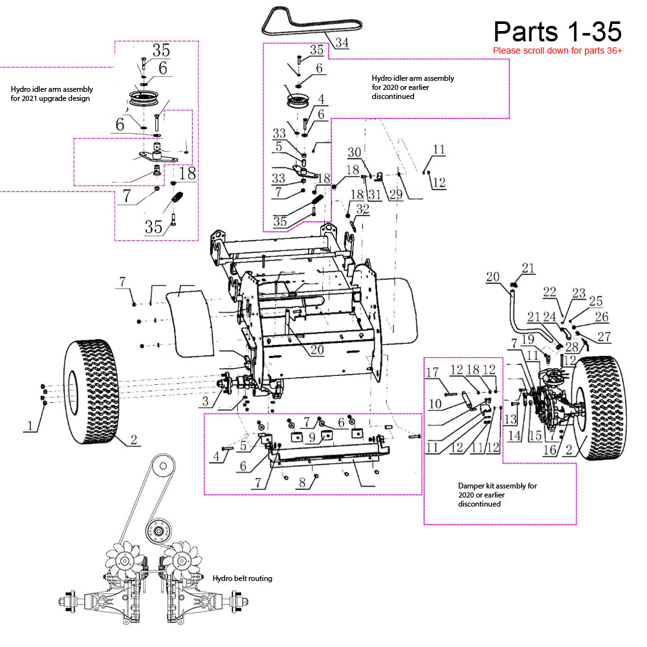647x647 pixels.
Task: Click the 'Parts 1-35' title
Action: coord(558,32)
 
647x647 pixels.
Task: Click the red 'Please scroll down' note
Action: coord(558,50)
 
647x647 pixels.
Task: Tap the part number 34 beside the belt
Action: coord(342,43)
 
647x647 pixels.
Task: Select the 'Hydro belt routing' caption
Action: coord(242,578)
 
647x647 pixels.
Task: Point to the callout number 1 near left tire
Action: coord(30,426)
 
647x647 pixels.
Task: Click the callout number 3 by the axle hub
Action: coord(206,401)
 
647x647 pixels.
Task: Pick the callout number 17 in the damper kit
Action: coord(432,372)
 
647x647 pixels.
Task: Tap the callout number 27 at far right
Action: coord(604,336)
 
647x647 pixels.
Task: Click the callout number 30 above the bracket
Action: coord(355,152)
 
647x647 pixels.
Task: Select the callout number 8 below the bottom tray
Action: coord(302,483)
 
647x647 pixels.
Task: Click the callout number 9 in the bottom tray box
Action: coord(313,437)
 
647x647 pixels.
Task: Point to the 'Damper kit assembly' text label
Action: coord(497,495)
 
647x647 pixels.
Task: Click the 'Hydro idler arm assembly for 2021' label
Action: coord(52,94)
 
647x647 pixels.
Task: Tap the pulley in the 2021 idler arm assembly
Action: coord(142,98)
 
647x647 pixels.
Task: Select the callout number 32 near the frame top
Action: coord(363,209)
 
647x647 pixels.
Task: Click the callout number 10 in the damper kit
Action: coord(435,404)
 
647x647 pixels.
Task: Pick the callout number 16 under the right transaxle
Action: coord(550,450)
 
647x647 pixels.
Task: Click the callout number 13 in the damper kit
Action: coord(510,420)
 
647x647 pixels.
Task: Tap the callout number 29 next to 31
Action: coord(396,194)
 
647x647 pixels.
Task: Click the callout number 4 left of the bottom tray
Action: coord(216,456)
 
